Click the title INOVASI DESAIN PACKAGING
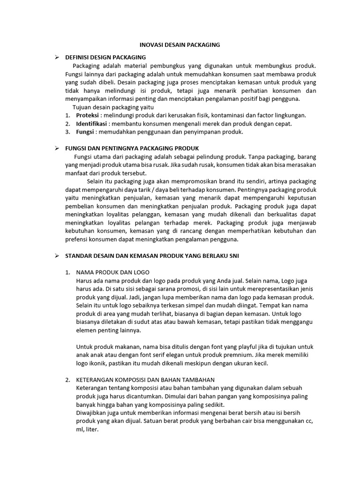(x=180, y=45)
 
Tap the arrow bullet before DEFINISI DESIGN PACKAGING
(x=56, y=57)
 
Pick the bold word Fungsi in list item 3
(x=85, y=132)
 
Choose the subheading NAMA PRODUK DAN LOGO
(x=112, y=272)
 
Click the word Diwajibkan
(x=91, y=413)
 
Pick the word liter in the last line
(x=91, y=429)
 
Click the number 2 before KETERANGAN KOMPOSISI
(x=67, y=380)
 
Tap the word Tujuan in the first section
(x=82, y=107)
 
